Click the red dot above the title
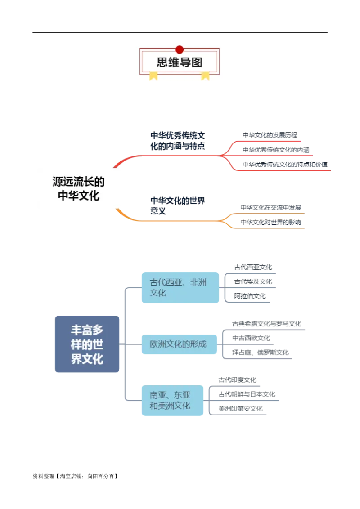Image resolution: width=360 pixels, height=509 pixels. pos(180,49)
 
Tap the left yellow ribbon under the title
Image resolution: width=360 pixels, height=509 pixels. pos(154,76)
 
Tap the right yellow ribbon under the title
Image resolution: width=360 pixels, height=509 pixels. pos(205,76)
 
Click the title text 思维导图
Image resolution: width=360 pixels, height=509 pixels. pos(180,63)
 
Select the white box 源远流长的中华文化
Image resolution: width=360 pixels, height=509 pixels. pos(79,189)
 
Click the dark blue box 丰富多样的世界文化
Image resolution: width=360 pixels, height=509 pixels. pos(87,344)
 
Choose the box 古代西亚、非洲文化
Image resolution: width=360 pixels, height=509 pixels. pos(180,288)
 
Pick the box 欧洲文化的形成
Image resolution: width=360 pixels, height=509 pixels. pos(179,344)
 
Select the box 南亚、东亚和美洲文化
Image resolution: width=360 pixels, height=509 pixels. pos(172,401)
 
